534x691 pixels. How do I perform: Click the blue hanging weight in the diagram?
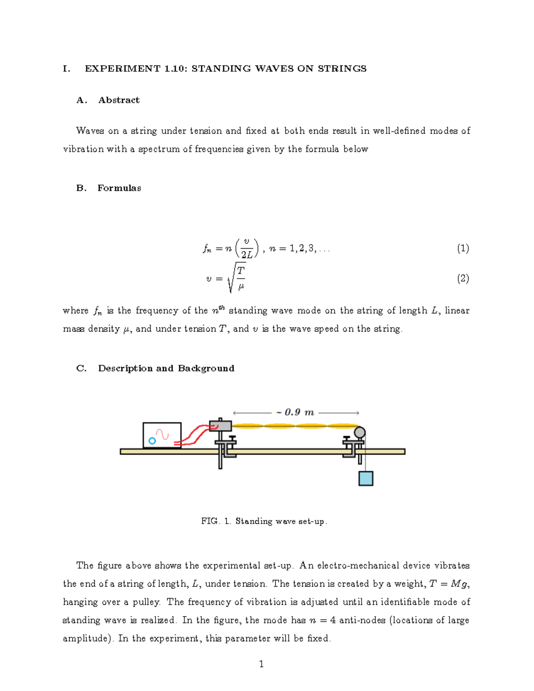pos(366,478)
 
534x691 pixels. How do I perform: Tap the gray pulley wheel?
pos(360,432)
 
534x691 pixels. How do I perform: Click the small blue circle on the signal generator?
pos(152,440)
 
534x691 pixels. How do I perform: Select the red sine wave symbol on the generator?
pos(162,434)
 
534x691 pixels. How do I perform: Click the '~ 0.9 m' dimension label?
pos(295,412)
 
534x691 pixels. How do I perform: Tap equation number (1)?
pos(463,248)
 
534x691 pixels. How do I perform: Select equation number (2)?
pos(463,279)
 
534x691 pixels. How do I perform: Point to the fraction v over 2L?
pos(247,248)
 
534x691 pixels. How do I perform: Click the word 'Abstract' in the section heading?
pos(119,100)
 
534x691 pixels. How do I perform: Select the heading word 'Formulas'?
pos(119,188)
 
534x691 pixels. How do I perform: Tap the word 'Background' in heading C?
pos(206,368)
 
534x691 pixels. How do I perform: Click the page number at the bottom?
pos(261,664)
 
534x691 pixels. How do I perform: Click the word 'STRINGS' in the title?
pos(342,69)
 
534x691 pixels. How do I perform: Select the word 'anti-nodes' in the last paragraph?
pos(362,620)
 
